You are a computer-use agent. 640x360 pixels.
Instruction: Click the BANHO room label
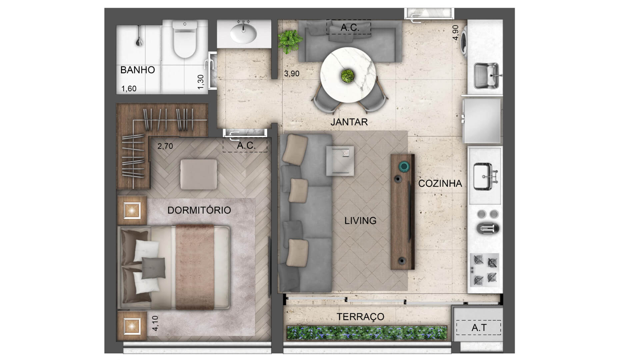[137, 70]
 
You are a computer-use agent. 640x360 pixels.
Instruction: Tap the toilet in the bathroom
[185, 39]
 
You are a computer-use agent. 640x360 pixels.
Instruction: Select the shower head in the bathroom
[139, 41]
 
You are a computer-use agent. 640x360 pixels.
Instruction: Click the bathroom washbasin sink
[244, 32]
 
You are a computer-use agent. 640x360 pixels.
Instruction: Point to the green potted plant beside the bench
[289, 41]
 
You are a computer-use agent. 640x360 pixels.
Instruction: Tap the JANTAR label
[349, 122]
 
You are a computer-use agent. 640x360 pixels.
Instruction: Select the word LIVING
[360, 221]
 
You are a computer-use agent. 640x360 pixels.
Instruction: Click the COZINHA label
[440, 183]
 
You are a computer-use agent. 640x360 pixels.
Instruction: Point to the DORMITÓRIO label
[199, 210]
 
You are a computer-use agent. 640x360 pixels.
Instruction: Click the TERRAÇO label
[360, 317]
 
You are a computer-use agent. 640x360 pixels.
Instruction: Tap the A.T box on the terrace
[479, 328]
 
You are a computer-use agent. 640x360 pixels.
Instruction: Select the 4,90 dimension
[456, 33]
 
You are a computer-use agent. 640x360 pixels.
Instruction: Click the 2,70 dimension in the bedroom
[165, 146]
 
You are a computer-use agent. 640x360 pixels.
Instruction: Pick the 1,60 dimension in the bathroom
[129, 89]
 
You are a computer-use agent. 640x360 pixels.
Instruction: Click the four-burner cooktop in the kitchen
[485, 270]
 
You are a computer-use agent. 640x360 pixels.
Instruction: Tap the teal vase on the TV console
[404, 166]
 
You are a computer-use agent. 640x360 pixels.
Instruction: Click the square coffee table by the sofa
[340, 161]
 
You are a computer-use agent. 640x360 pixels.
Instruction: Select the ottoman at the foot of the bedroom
[199, 174]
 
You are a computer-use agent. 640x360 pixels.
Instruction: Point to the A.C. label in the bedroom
[246, 146]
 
